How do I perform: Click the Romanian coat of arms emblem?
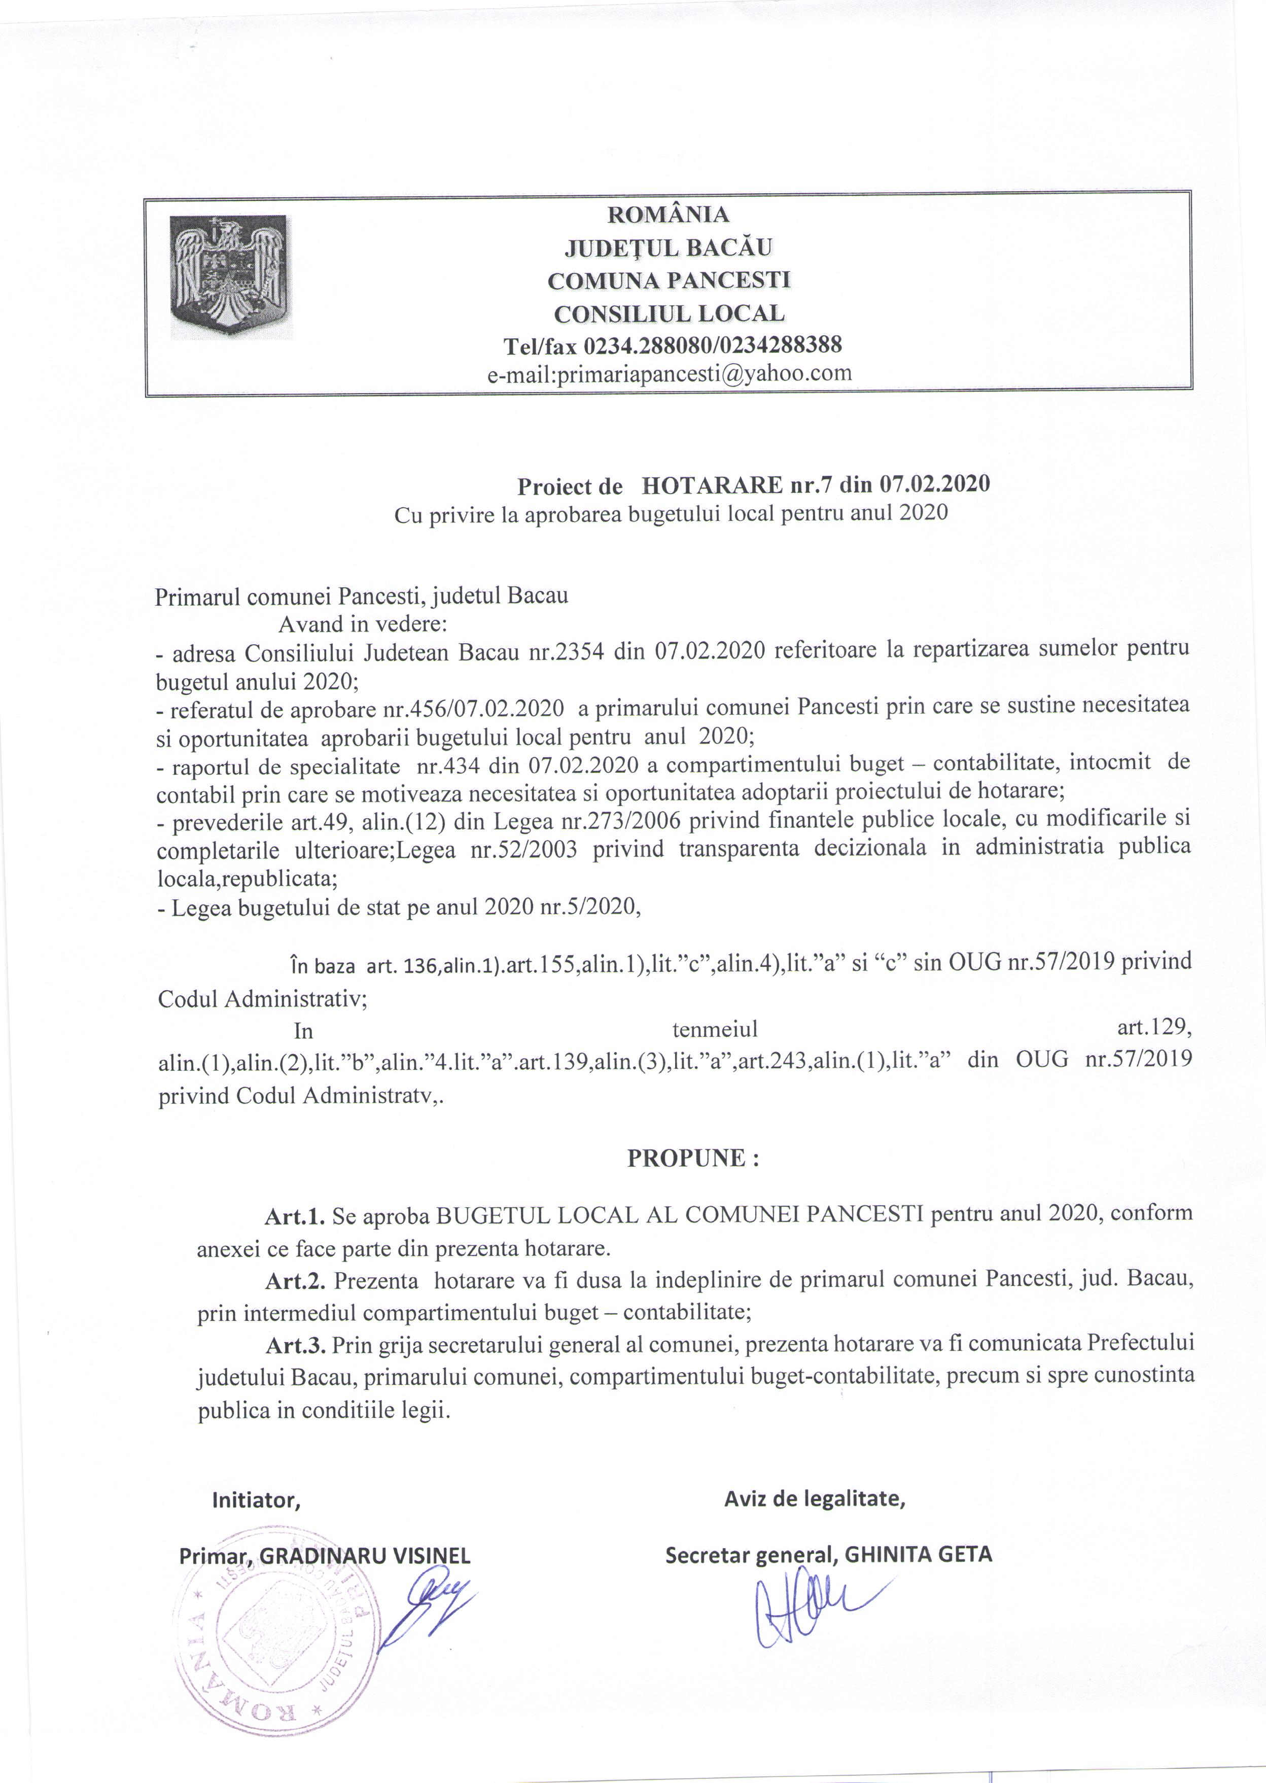[x=231, y=277]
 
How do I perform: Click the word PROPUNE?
[x=686, y=1158]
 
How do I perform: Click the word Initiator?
[x=256, y=1500]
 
